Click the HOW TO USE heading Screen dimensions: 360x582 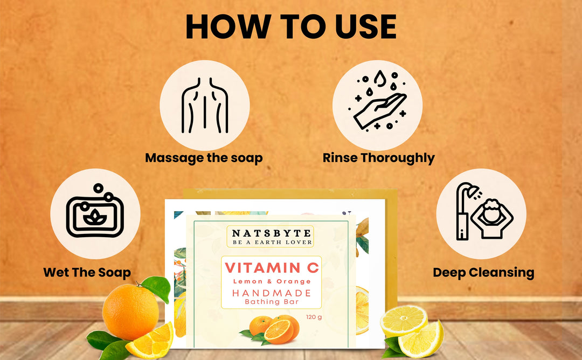click(x=291, y=26)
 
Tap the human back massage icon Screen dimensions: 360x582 click(x=205, y=105)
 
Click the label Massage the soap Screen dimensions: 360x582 click(x=204, y=158)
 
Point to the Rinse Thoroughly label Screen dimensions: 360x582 click(x=378, y=158)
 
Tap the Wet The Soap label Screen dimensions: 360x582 click(x=87, y=272)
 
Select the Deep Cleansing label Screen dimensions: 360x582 click(x=483, y=272)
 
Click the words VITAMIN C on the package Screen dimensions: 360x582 click(x=272, y=267)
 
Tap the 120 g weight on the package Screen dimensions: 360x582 click(x=314, y=317)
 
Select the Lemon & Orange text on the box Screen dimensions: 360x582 click(x=272, y=281)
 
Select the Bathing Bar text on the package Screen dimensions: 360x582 click(x=270, y=302)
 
